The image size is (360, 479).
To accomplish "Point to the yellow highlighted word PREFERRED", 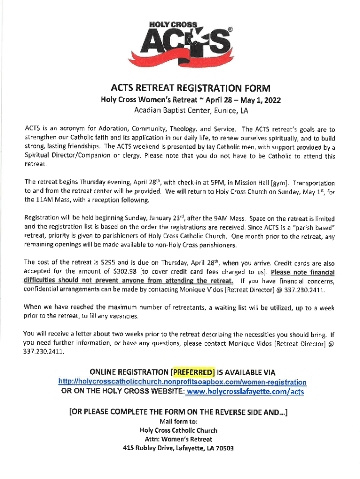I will [193, 372].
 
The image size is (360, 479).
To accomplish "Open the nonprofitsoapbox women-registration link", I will [182, 382].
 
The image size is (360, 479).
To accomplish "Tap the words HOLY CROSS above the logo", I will [174, 24].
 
